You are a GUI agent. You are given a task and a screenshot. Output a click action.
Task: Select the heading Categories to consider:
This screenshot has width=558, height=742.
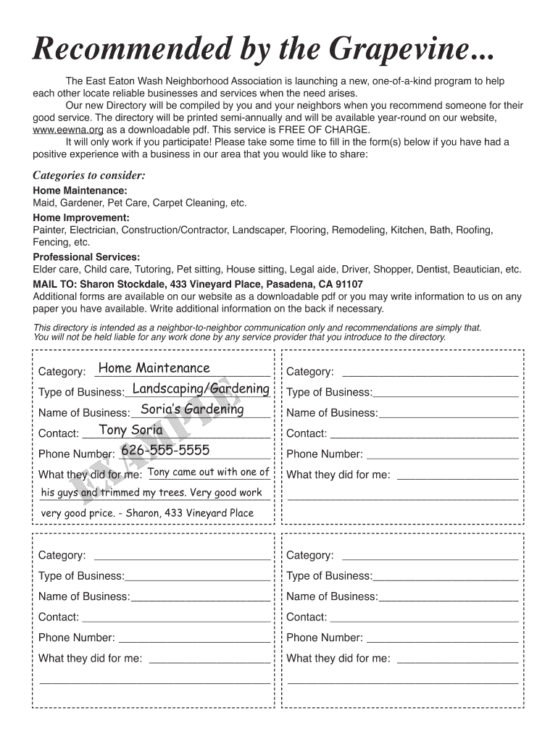(89, 175)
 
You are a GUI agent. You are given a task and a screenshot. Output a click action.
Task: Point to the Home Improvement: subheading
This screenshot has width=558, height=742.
(81, 217)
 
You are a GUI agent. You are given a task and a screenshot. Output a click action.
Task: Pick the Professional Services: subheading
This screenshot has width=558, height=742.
(86, 257)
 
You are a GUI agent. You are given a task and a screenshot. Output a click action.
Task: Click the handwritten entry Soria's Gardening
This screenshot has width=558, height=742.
(192, 409)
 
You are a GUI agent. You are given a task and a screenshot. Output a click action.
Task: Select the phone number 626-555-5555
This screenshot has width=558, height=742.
(165, 451)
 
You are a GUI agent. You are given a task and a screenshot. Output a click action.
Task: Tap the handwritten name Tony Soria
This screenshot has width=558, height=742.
(130, 430)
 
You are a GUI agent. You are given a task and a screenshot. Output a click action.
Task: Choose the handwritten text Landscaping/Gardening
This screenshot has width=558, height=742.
(201, 389)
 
